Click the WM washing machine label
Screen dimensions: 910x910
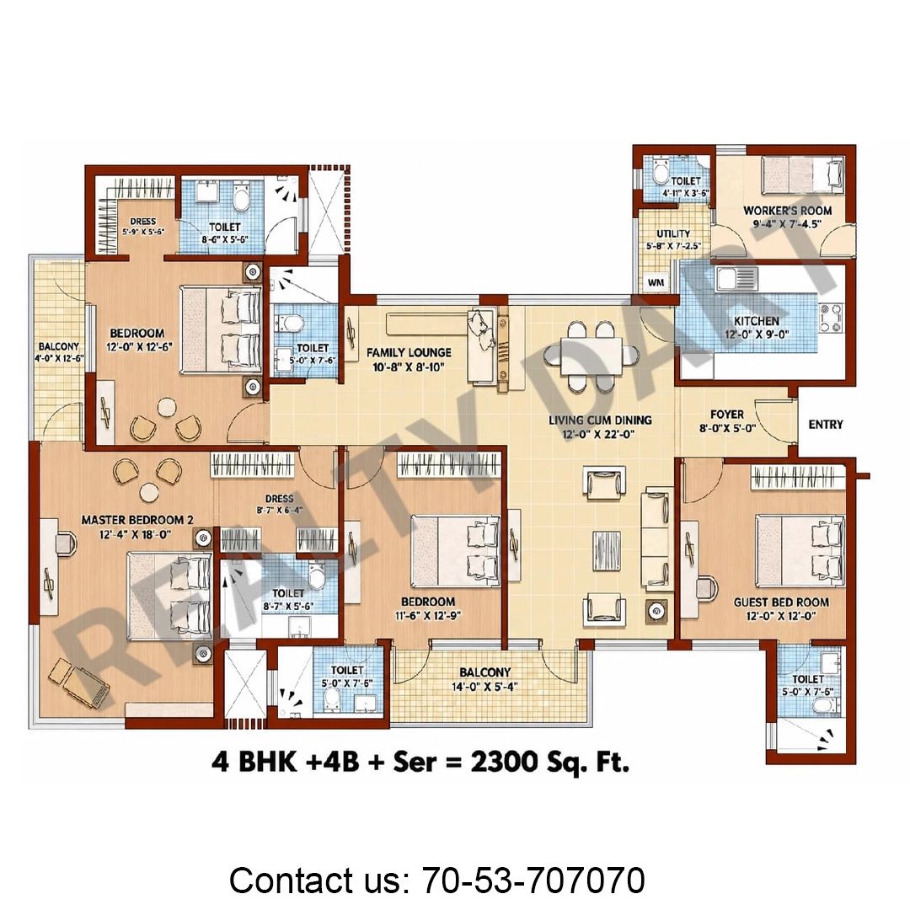pos(656,282)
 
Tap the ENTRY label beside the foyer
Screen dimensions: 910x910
pos(825,424)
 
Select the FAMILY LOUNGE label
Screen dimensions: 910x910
pos(409,352)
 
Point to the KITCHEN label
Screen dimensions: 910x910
pos(756,321)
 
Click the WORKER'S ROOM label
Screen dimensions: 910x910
pos(788,211)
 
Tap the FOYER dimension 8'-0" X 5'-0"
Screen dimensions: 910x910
pos(727,428)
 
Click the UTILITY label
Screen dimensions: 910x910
pos(673,233)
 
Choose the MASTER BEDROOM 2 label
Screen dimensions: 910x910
pos(137,520)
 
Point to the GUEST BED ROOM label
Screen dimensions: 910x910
pos(781,602)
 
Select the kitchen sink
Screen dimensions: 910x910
pos(737,279)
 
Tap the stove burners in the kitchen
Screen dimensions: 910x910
pos(831,318)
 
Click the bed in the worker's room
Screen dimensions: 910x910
pos(803,174)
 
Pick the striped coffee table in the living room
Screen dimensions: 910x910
pos(607,550)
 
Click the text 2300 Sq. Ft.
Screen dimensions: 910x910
pos(549,762)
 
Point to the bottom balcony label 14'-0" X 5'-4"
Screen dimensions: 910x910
pos(484,687)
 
